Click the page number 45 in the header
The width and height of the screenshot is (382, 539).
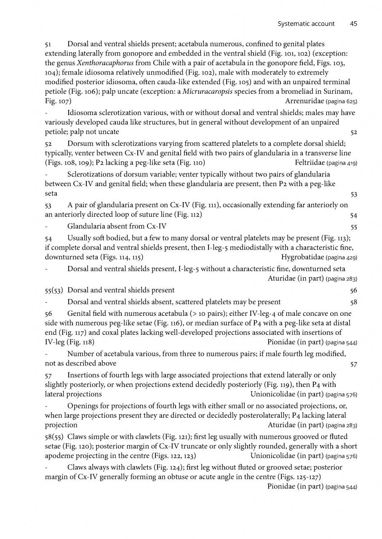(x=353, y=24)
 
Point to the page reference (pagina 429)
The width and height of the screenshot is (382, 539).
(x=342, y=257)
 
